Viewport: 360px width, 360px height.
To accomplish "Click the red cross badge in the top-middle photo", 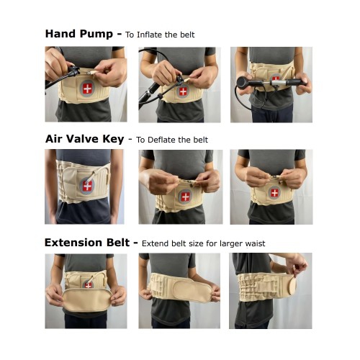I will coord(183,91).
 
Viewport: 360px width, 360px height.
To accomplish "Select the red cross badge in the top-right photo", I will coord(276,79).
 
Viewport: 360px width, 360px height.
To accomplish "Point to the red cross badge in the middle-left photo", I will coord(88,186).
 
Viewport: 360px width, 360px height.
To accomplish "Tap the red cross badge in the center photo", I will coord(185,197).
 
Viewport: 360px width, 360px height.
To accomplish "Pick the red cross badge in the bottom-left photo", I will coord(88,285).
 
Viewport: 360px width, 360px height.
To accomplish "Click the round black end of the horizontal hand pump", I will coord(243,81).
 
